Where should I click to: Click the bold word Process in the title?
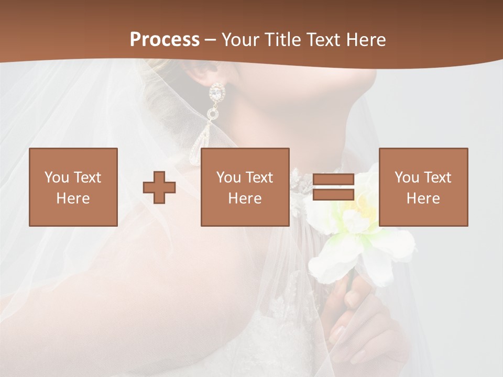[165, 40]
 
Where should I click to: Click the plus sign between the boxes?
[159, 187]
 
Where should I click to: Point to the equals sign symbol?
[333, 187]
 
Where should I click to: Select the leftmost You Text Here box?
[73, 187]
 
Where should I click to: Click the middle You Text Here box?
[245, 187]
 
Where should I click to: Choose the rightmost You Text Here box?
[423, 187]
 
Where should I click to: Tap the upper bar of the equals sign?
[333, 180]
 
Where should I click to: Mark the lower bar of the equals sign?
[333, 195]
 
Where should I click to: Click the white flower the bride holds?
[362, 225]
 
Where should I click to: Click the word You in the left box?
[56, 178]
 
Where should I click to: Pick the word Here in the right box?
[423, 198]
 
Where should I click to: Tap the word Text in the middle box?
[259, 178]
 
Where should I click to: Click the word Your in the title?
[240, 40]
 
